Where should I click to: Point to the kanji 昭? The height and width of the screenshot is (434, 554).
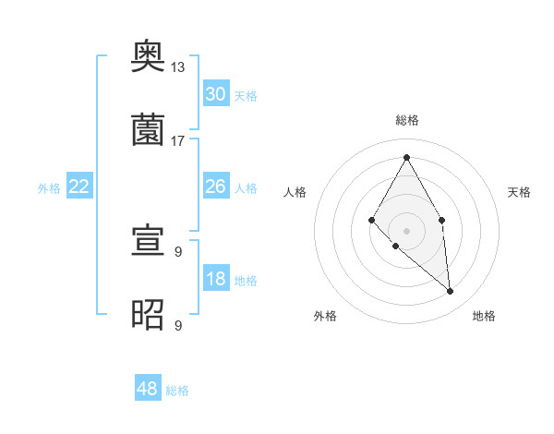(148, 314)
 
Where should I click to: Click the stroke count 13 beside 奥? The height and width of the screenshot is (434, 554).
(178, 67)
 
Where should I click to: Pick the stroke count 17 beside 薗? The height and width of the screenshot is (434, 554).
(178, 140)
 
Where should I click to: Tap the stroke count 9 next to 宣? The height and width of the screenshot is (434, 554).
(178, 251)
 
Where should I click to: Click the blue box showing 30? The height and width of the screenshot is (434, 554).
(215, 94)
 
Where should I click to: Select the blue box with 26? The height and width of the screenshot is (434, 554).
(215, 187)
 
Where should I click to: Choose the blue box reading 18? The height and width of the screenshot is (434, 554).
(215, 280)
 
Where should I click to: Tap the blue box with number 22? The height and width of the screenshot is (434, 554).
(79, 187)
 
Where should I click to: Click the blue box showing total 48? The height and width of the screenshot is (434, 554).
(147, 389)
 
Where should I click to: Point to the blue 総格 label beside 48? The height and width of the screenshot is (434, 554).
(177, 391)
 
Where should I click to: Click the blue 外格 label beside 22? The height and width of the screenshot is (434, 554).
(49, 188)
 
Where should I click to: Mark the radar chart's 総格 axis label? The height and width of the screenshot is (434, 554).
(406, 120)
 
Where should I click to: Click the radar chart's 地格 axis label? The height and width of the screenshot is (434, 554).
(484, 316)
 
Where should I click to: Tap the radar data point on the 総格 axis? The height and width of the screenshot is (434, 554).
(406, 157)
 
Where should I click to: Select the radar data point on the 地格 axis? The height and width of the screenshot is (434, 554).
(450, 291)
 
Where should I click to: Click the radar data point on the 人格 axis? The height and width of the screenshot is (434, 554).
(371, 219)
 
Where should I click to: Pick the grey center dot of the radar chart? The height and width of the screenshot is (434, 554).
(406, 230)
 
